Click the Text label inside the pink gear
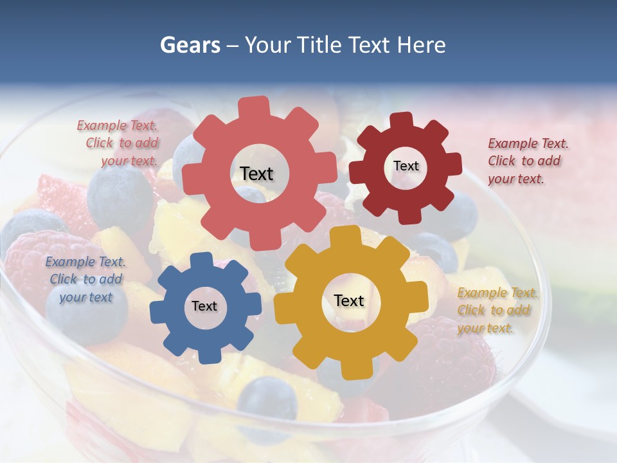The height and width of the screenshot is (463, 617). pos(256,174)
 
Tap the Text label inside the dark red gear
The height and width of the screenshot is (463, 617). pos(406,166)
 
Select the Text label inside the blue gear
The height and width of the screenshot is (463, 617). pos(204,307)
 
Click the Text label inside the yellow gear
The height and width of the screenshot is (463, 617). pos(349,300)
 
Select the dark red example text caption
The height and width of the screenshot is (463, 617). pos(528,161)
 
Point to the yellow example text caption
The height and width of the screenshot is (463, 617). pos(497,310)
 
